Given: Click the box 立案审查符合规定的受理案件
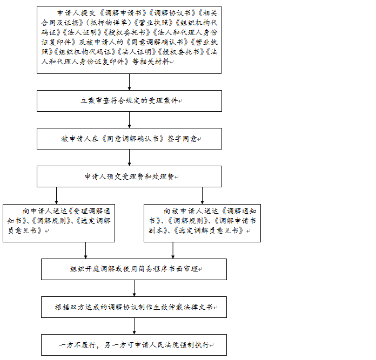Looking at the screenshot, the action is pyautogui.click(x=129, y=101).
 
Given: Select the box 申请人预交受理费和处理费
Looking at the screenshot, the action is pyautogui.click(x=129, y=176).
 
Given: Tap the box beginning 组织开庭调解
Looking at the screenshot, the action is pyautogui.click(x=134, y=269).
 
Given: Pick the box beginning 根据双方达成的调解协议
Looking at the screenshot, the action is pyautogui.click(x=134, y=307).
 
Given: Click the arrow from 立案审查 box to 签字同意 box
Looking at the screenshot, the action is pyautogui.click(x=129, y=120).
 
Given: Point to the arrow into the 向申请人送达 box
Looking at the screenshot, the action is pyautogui.click(x=56, y=195).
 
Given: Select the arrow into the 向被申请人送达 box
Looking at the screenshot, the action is pyautogui.click(x=202, y=195).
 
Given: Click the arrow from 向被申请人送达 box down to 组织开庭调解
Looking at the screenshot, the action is pyautogui.click(x=173, y=250).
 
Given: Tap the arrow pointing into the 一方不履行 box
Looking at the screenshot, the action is pyautogui.click(x=134, y=326).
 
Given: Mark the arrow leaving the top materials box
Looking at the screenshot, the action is pyautogui.click(x=129, y=82).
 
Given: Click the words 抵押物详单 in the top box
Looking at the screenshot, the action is pyautogui.click(x=109, y=23).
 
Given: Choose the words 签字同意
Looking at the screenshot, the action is pyautogui.click(x=182, y=139).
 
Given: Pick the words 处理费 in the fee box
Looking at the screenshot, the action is pyautogui.click(x=163, y=176).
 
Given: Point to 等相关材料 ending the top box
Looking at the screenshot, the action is pyautogui.click(x=151, y=62).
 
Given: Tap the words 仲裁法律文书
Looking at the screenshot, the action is pyautogui.click(x=191, y=307).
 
